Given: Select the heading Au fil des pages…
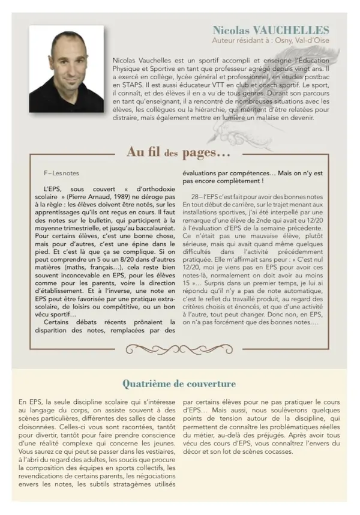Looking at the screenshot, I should [x=179, y=152].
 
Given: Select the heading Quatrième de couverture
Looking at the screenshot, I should [x=179, y=383].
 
